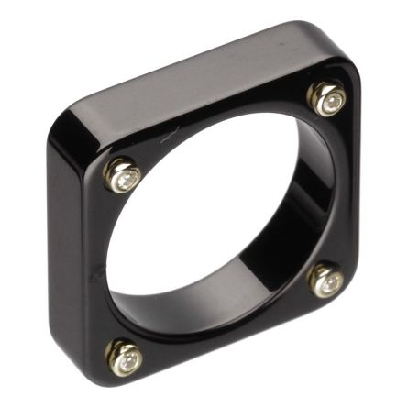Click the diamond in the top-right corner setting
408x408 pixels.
(327, 98)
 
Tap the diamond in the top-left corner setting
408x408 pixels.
(122, 175)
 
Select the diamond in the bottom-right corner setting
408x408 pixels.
(326, 281)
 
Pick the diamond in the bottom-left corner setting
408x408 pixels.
(125, 357)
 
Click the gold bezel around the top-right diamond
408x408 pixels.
(316, 92)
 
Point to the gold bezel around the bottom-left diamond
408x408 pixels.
(114, 350)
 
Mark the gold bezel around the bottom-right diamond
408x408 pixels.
(315, 275)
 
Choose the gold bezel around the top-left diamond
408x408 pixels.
(111, 169)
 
